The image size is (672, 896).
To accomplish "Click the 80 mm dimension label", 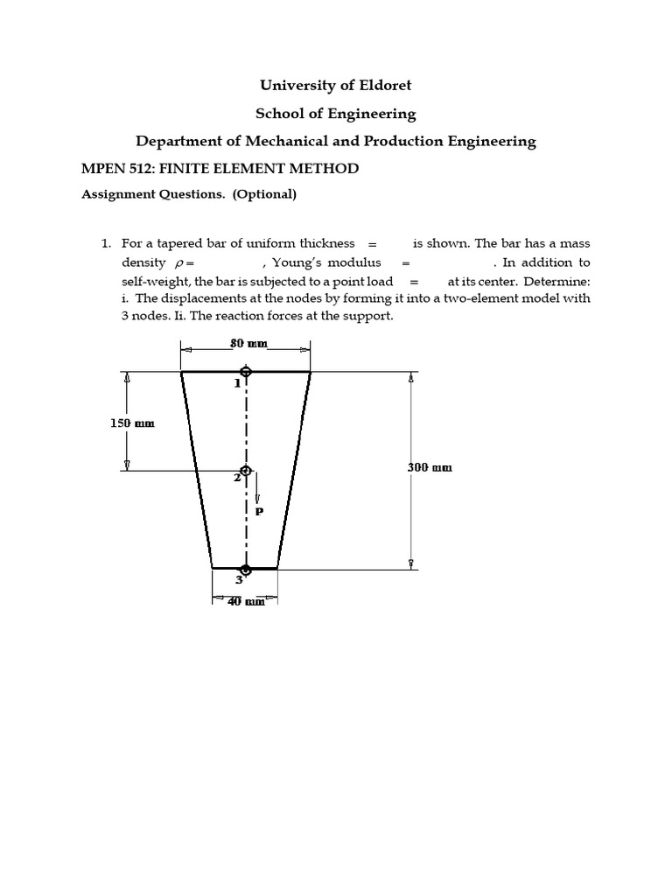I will point(247,344).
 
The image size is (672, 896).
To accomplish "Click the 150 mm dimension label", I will point(131,423).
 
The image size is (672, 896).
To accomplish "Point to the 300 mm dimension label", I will point(430,467).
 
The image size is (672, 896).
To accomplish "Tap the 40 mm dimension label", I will point(246,601).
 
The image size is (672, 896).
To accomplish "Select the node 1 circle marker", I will point(246,372).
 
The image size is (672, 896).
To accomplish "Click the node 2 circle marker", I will point(246,471).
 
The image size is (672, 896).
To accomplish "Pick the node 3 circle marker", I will point(246,570).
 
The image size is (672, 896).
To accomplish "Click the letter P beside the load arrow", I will point(259,511).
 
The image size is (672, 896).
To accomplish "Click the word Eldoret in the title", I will point(381,85).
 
